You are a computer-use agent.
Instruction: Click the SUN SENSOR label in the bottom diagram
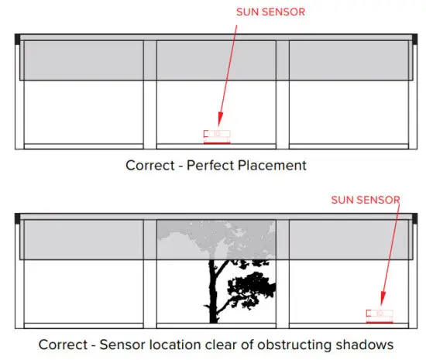tap(366, 199)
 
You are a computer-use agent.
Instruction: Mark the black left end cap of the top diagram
tap(18, 39)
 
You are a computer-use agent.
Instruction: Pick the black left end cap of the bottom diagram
tap(18, 218)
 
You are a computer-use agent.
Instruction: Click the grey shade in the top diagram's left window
tap(83, 60)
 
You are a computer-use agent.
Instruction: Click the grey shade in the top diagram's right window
tap(348, 60)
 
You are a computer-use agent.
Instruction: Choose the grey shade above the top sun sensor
tap(216, 60)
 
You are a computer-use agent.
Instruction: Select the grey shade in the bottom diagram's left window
tap(83, 239)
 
